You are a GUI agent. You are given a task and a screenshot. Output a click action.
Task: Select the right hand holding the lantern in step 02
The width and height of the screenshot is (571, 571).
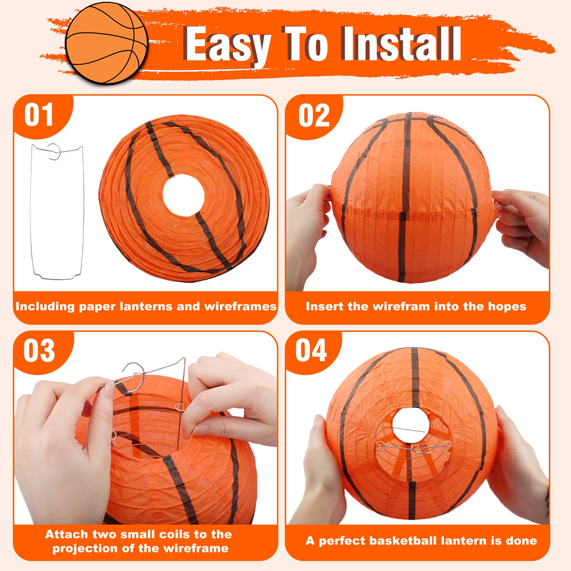(x=523, y=225)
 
